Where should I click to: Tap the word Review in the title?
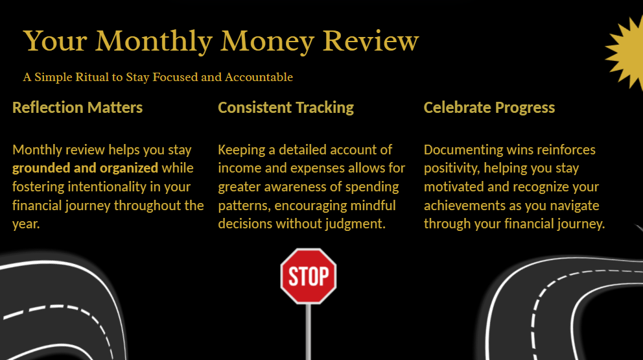(371, 41)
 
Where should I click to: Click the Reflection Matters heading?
(78, 108)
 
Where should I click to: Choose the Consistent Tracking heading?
(286, 108)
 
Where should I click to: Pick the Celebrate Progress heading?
(489, 108)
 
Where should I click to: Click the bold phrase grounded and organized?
(86, 168)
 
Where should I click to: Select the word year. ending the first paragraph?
(26, 224)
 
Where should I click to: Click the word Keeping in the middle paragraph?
(242, 150)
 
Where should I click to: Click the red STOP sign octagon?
(309, 276)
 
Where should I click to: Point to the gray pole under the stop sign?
(309, 331)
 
